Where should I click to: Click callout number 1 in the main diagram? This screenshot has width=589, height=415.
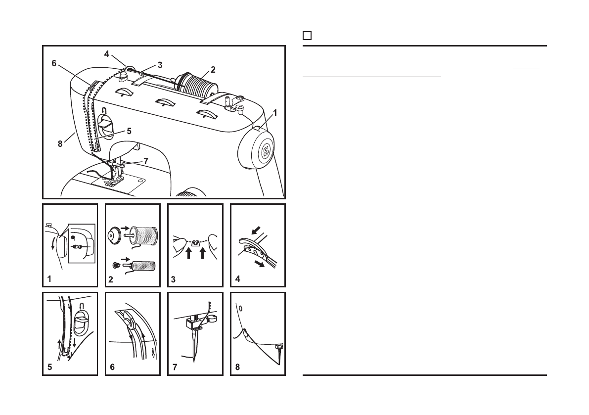tap(275, 113)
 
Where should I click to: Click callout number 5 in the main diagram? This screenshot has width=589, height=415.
tap(129, 131)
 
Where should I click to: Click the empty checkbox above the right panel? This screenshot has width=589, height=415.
tap(307, 36)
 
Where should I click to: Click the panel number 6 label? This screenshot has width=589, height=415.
tap(112, 368)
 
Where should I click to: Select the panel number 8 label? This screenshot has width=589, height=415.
tap(237, 368)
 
